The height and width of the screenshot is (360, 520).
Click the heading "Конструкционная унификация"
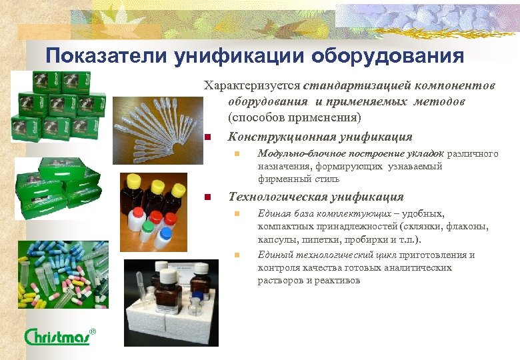click(x=320, y=137)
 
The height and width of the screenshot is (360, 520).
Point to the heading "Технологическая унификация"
click(x=316, y=197)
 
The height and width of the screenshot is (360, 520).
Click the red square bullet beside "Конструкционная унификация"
click(x=208, y=138)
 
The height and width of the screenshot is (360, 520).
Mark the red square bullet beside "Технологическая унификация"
click(x=208, y=198)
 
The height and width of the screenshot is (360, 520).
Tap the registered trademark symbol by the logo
click(x=93, y=331)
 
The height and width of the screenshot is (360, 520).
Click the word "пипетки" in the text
click(x=357, y=240)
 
